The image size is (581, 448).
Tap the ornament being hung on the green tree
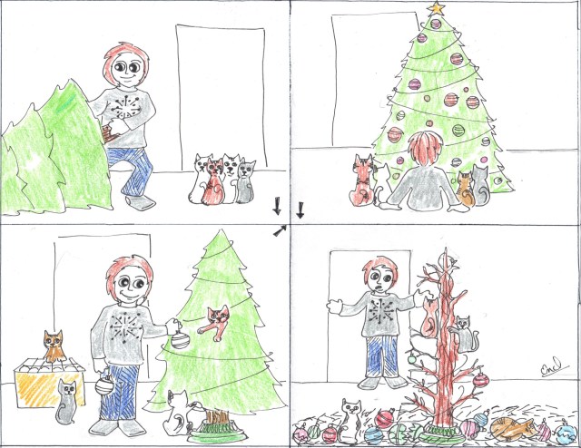coord(180,339)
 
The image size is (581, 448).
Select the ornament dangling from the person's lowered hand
coord(104,384)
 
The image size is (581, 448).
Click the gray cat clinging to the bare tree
coord(462,333)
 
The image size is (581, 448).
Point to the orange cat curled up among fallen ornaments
coord(510,424)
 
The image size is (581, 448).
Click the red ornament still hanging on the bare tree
coord(478,379)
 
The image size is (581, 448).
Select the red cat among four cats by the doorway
coord(214,182)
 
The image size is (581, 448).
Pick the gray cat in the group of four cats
coord(245,181)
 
